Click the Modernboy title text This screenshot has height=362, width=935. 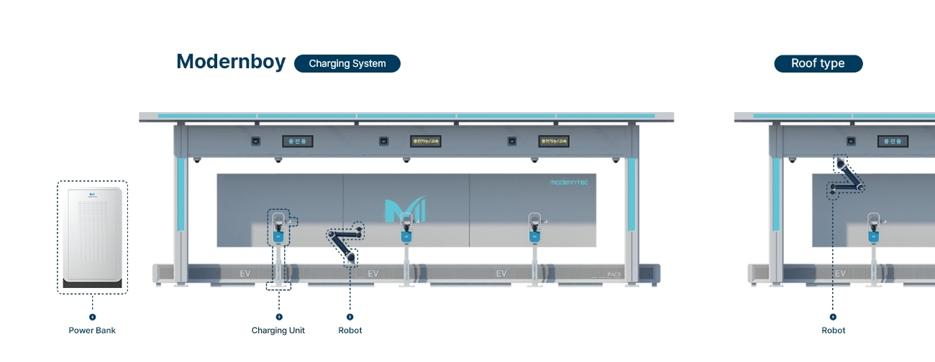click(x=231, y=62)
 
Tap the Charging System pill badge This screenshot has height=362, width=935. click(x=347, y=63)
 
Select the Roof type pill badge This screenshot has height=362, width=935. click(x=818, y=63)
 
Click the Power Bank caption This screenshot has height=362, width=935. click(x=92, y=330)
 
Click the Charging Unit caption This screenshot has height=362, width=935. click(x=278, y=330)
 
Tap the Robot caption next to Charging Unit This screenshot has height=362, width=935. click(x=350, y=330)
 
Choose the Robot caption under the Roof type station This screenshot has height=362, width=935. click(x=834, y=330)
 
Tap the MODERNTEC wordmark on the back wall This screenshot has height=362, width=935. click(x=569, y=182)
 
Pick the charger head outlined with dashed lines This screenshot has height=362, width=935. click(x=278, y=227)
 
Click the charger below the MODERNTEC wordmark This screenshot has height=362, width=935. click(x=534, y=228)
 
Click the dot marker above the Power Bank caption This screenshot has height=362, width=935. click(x=92, y=317)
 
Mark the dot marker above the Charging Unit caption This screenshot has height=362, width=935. click(x=279, y=317)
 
